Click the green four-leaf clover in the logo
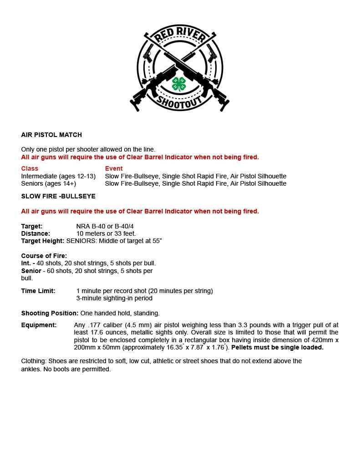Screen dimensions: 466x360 pyautogui.click(x=179, y=84)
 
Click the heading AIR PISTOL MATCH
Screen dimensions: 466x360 pyautogui.click(x=51, y=135)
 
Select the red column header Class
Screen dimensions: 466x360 pyautogui.click(x=30, y=168)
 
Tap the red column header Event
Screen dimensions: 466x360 pyautogui.click(x=114, y=168)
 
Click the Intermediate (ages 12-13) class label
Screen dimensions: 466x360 pyautogui.click(x=58, y=176)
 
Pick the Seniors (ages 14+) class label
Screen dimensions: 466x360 pyautogui.click(x=49, y=183)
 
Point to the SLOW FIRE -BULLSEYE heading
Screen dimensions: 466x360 pyautogui.click(x=58, y=196)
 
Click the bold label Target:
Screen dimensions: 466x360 pyautogui.click(x=32, y=226)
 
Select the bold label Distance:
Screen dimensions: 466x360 pyautogui.click(x=35, y=233)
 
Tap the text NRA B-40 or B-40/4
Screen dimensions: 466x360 pyautogui.click(x=105, y=226)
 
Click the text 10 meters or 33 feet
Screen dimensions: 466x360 pyautogui.click(x=106, y=233)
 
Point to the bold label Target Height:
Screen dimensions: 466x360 pyautogui.click(x=43, y=241)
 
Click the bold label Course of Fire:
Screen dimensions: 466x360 pyautogui.click(x=44, y=256)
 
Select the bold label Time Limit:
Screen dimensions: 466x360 pyautogui.click(x=38, y=291)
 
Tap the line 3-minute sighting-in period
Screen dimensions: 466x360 pyautogui.click(x=114, y=298)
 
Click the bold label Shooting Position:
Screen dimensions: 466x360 pyautogui.click(x=50, y=313)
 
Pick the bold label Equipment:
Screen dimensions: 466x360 pyautogui.click(x=39, y=325)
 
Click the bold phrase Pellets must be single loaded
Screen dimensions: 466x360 pyautogui.click(x=277, y=347)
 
